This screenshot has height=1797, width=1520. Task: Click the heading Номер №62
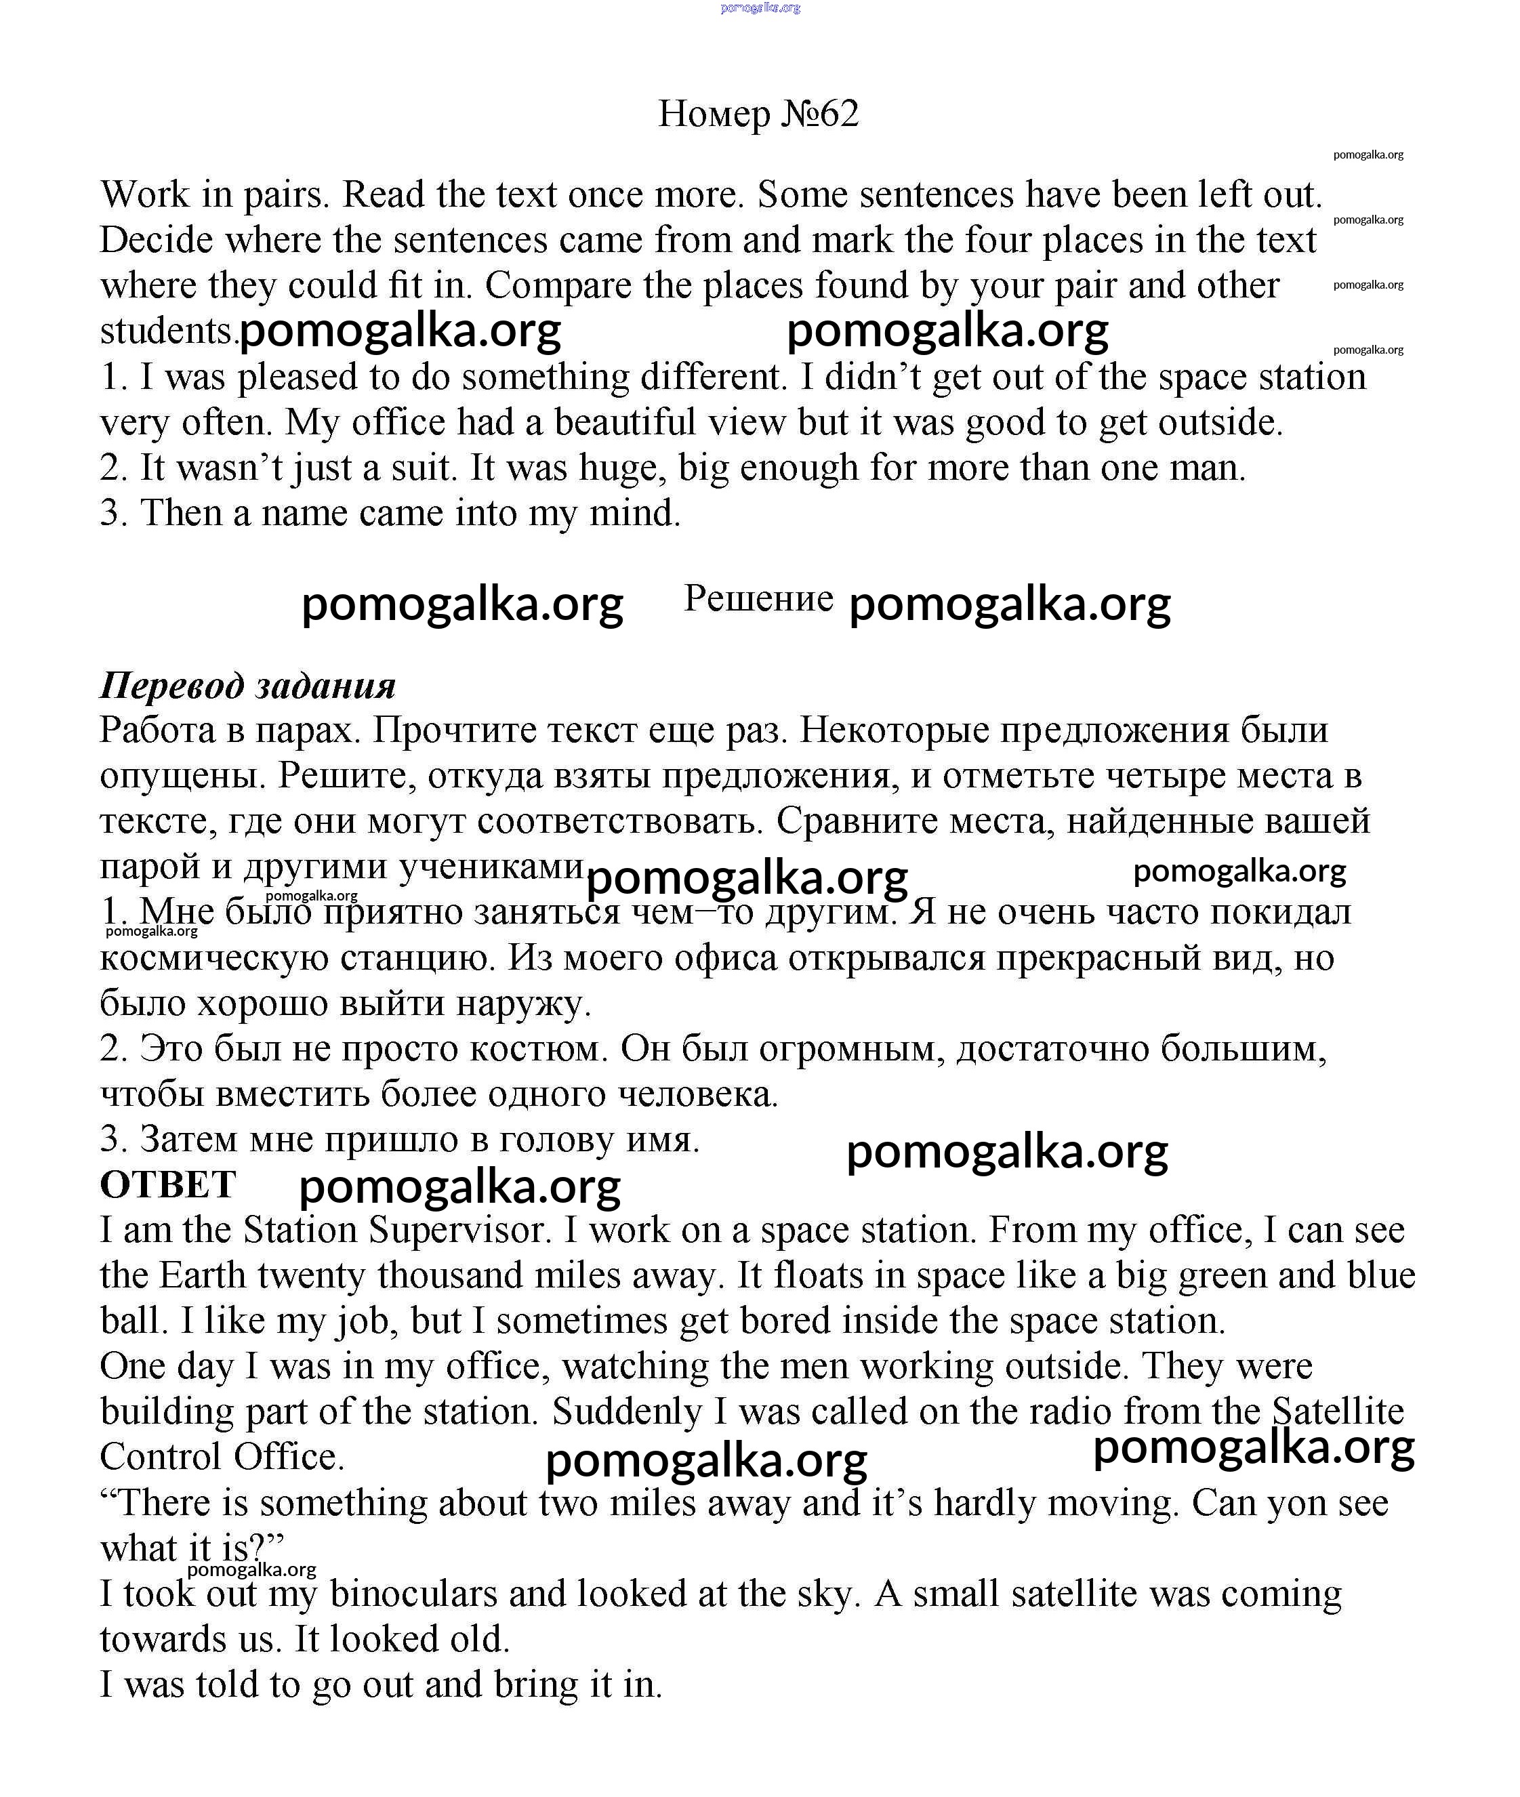(758, 114)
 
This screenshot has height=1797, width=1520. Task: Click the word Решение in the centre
(758, 598)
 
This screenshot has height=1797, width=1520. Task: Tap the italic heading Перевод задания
(247, 686)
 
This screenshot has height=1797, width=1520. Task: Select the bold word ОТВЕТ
(167, 1184)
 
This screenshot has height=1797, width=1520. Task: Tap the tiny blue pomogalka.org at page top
(759, 7)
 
